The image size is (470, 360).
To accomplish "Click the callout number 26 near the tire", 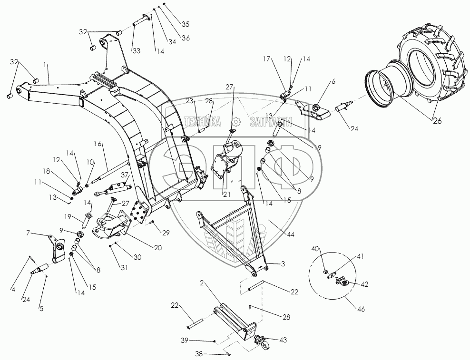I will [437, 120].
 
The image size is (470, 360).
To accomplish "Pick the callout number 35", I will [185, 23].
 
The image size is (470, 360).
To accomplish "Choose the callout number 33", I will [136, 50].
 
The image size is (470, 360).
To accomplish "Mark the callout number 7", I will [29, 233].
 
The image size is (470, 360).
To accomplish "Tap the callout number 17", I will [268, 59].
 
